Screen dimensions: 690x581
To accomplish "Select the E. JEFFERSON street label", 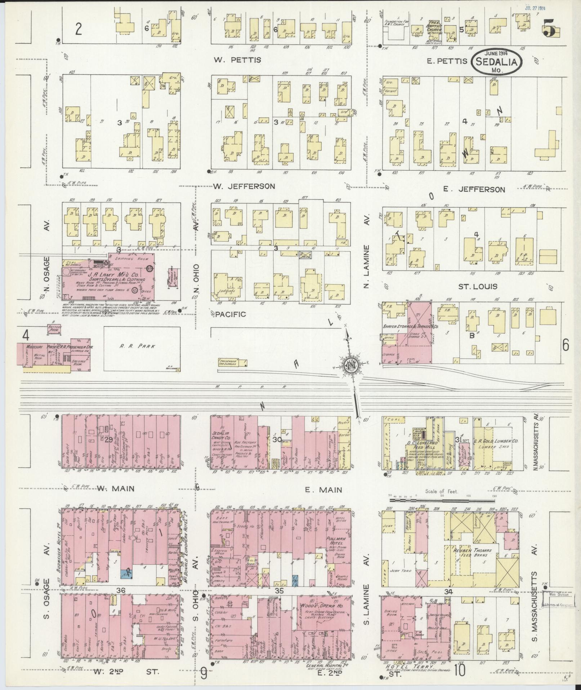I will pyautogui.click(x=474, y=189).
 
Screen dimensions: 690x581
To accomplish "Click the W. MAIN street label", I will pyautogui.click(x=116, y=489).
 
